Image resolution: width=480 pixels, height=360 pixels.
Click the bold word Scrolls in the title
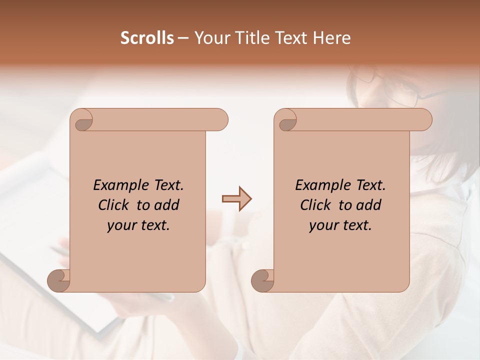point(147,38)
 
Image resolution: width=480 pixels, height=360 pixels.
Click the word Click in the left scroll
point(114,205)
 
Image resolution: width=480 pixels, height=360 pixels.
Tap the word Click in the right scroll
point(315,205)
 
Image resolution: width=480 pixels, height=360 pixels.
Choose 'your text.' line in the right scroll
point(340,225)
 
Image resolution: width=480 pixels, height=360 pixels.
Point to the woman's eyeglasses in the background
point(395,87)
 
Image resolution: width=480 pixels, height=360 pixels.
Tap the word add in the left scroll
point(167,205)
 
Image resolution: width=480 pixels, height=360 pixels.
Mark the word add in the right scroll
point(369,205)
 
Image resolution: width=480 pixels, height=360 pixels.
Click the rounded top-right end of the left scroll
point(220,119)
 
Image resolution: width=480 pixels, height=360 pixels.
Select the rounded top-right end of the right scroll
point(424,119)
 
